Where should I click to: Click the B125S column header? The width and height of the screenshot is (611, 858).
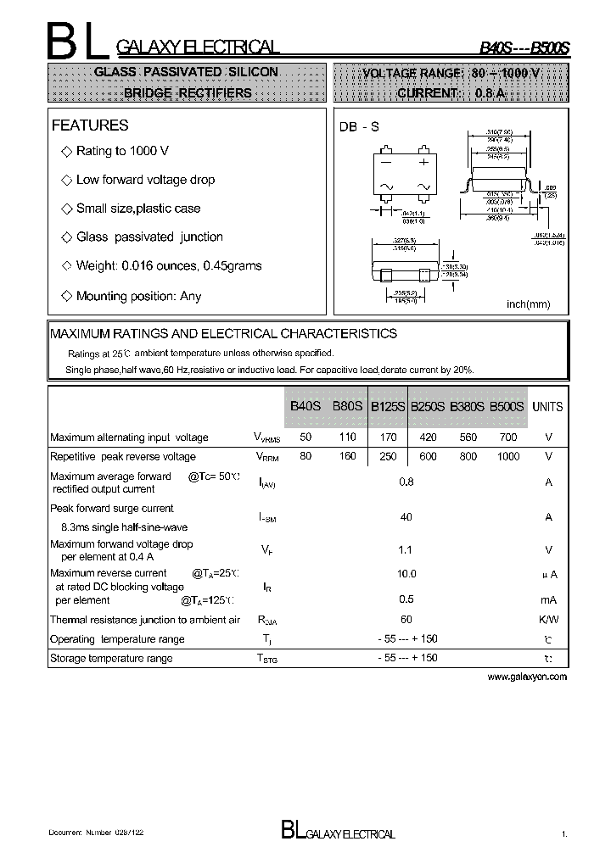coord(386,407)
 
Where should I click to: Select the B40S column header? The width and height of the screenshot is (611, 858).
coord(305,406)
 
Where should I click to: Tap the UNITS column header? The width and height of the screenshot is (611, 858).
coord(547,407)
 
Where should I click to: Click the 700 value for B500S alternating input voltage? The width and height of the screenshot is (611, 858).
coord(507,437)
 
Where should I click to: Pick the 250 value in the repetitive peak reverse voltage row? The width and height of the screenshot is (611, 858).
coord(387,457)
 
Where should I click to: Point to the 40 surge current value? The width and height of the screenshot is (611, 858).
coord(406,517)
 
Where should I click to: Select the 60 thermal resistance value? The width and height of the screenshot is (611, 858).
coord(406,620)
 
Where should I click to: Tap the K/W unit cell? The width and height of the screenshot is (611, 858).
coord(548,620)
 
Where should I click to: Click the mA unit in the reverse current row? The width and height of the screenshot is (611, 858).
coord(548,599)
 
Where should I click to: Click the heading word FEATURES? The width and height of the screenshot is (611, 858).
coord(90,125)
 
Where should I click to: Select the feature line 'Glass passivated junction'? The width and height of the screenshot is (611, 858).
coord(149,237)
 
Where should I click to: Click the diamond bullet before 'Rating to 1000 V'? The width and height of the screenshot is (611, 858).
coord(67,151)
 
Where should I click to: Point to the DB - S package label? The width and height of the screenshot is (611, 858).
coord(359,126)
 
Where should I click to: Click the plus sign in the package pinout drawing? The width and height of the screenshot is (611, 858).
coord(423,160)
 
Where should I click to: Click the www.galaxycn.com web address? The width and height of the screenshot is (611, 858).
coord(527,677)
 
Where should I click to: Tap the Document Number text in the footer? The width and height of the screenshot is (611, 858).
coord(95,834)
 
